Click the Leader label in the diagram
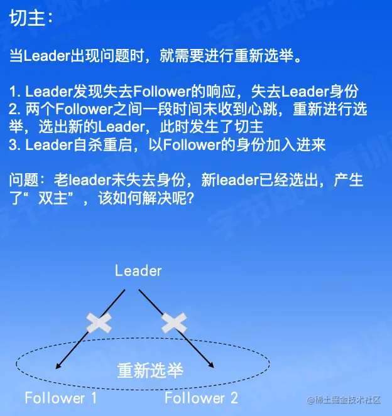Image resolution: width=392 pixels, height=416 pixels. [x=138, y=271]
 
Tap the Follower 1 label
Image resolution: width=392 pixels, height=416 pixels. [x=61, y=398]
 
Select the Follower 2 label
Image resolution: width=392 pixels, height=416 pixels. [x=201, y=398]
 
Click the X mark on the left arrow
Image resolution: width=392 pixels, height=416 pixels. [x=99, y=323]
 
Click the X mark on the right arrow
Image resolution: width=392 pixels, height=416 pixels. [x=174, y=323]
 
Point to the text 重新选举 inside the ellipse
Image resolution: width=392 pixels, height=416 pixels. [x=150, y=371]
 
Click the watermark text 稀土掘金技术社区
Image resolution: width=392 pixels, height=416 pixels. [x=347, y=400]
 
